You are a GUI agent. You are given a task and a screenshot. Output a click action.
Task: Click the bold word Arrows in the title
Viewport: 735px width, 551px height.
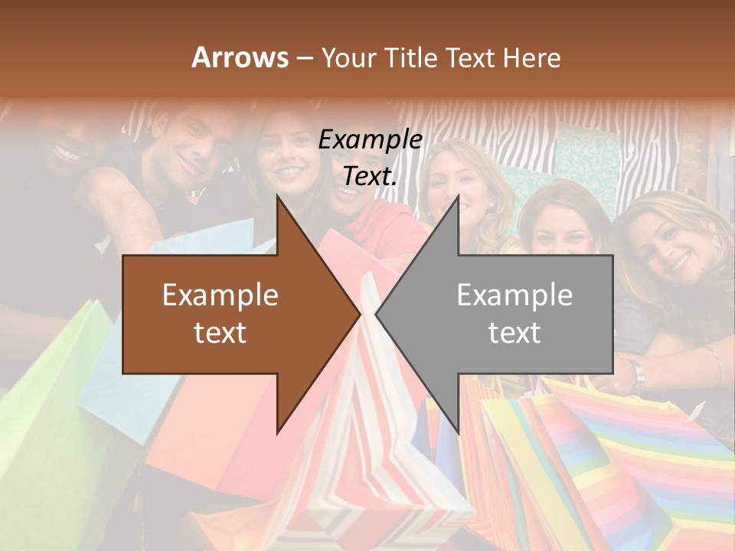[x=240, y=58]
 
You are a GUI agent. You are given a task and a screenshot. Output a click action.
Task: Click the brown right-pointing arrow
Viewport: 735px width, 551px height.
[x=230, y=315]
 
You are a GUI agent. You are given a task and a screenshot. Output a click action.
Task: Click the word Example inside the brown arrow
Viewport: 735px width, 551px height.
[x=220, y=295]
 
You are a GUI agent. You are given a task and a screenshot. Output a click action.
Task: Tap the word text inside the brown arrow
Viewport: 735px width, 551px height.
[x=220, y=333]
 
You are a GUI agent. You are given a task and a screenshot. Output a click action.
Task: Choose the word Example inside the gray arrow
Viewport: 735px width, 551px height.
[x=514, y=295]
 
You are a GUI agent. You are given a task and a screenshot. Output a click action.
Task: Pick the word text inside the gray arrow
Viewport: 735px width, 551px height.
[x=514, y=333]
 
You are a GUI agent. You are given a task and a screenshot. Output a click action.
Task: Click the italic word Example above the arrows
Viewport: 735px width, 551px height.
[x=370, y=140]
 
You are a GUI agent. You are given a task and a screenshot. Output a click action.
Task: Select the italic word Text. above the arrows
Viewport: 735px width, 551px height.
[x=370, y=177]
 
